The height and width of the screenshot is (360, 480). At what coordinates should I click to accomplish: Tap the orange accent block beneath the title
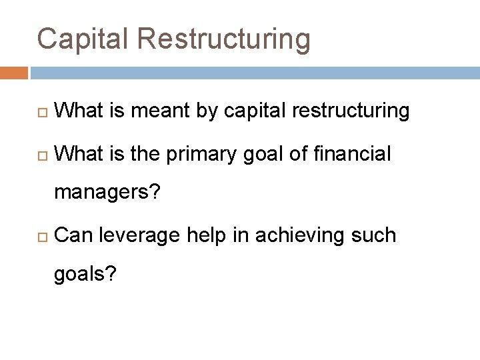coord(14,72)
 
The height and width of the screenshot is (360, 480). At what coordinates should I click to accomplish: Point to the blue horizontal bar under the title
coord(254,72)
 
